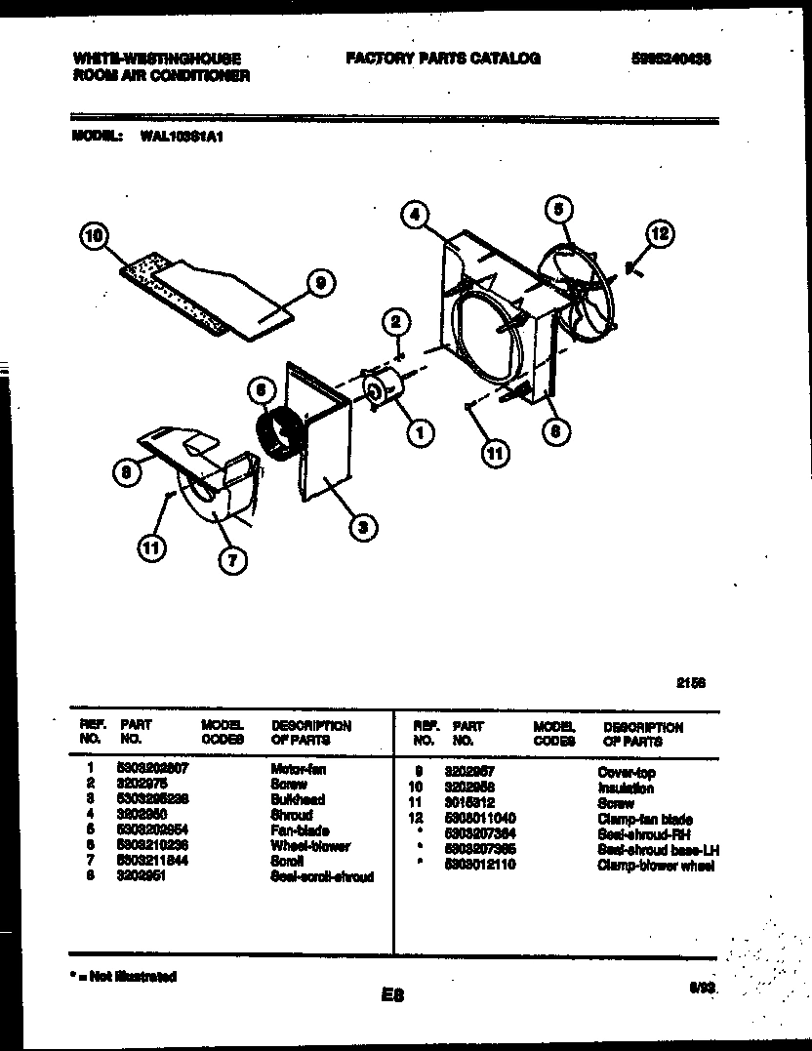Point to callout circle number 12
[x=661, y=233]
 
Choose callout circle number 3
[x=362, y=528]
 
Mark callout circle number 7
[x=234, y=560]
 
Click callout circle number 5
[x=557, y=209]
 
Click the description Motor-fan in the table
[x=299, y=769]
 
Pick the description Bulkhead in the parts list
[x=298, y=799]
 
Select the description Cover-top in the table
[x=627, y=772]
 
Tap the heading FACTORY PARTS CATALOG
[x=442, y=59]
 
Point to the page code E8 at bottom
[x=393, y=995]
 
